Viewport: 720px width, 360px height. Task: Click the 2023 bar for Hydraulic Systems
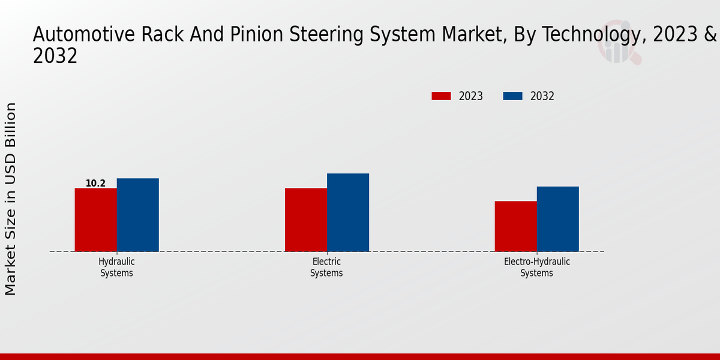(x=95, y=220)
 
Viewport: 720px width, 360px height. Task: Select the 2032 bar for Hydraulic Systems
(x=137, y=215)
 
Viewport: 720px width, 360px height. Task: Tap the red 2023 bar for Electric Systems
(x=305, y=220)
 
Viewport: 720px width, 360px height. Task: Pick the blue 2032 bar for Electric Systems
(x=347, y=212)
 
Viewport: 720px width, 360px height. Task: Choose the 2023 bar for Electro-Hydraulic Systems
(x=515, y=226)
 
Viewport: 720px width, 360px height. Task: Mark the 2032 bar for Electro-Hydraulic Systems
(x=557, y=219)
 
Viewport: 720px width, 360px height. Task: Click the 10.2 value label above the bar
(x=95, y=183)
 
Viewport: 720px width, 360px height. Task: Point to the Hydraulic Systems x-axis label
(x=116, y=268)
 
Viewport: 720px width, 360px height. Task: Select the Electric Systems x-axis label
(x=326, y=268)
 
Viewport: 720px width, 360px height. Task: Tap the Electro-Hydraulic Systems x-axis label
(x=536, y=268)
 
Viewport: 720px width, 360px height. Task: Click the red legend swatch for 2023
(x=441, y=96)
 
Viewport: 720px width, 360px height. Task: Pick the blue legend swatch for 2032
(x=512, y=96)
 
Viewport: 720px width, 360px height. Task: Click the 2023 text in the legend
(x=470, y=96)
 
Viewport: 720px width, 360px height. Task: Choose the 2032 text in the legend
(x=542, y=96)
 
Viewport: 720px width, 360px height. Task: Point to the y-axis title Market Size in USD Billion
(x=11, y=199)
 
